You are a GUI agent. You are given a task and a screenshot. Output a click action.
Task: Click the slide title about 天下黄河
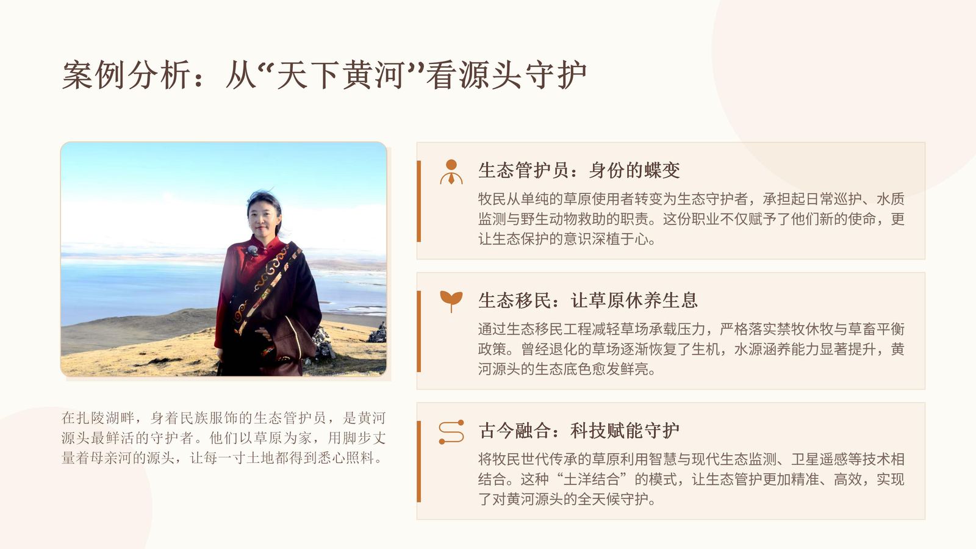pos(324,75)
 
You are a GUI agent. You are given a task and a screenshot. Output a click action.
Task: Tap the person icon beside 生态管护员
pos(451,171)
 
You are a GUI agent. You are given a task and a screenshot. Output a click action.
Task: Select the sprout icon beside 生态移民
pos(451,301)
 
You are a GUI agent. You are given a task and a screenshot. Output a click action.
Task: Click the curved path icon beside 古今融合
pos(451,432)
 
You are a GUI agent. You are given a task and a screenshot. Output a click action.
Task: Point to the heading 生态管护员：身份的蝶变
pos(579,170)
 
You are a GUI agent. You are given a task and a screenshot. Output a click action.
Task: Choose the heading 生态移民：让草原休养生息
pos(588,301)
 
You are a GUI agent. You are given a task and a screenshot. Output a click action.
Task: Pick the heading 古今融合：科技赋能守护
pos(579,431)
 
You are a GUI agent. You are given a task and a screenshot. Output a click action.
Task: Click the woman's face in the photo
pos(263,216)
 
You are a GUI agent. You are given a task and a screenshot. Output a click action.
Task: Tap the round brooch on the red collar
pos(253,251)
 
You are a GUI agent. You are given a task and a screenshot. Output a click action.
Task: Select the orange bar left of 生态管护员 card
pos(418,201)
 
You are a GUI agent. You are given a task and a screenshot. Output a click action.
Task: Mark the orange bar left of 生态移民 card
pos(418,331)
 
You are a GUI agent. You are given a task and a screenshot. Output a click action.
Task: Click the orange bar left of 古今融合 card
pos(418,461)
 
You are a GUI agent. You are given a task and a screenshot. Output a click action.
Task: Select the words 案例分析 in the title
pos(126,75)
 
